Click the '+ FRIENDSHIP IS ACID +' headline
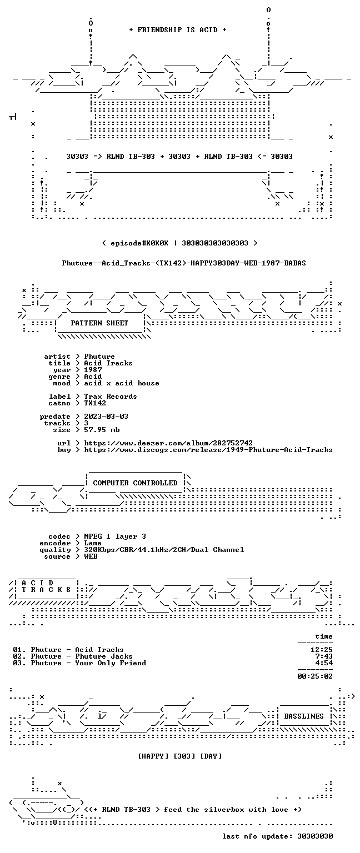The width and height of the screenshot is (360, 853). click(x=178, y=29)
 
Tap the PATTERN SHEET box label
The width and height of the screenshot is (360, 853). click(x=99, y=323)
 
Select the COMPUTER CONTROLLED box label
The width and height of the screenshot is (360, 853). click(x=135, y=483)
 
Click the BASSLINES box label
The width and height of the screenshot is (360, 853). click(x=304, y=716)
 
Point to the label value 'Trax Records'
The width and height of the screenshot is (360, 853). click(x=111, y=397)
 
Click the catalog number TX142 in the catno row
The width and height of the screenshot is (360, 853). click(x=95, y=403)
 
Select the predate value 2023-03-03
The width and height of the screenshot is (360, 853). click(x=106, y=416)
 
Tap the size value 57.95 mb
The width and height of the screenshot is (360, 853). click(x=102, y=429)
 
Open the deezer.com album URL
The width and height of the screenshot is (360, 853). click(x=168, y=443)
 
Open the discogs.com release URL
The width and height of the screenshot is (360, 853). click(x=208, y=450)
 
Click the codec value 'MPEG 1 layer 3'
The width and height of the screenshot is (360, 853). click(x=115, y=536)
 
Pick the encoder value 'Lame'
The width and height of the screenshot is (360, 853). click(x=93, y=543)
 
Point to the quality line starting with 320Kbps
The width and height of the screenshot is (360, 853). click(x=164, y=549)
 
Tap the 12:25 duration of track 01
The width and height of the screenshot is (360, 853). click(x=322, y=650)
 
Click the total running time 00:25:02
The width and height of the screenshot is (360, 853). click(x=315, y=676)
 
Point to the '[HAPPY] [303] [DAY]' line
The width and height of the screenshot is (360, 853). click(x=180, y=756)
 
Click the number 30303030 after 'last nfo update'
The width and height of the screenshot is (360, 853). click(x=315, y=836)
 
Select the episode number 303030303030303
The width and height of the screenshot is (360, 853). click(x=215, y=243)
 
